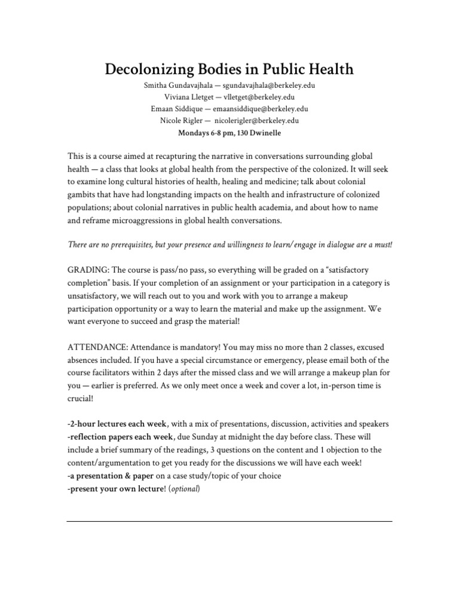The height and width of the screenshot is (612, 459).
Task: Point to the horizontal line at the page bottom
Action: coord(229,521)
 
